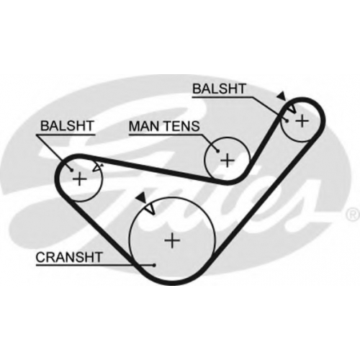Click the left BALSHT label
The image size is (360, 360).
[x=67, y=126]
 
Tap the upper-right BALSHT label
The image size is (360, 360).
[x=220, y=89]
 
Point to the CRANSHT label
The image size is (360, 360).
[x=69, y=257]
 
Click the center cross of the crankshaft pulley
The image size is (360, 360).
[x=172, y=240]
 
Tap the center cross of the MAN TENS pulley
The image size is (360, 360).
[x=227, y=160]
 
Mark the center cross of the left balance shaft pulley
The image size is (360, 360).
[x=79, y=179]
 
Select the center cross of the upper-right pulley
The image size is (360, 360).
[x=302, y=121]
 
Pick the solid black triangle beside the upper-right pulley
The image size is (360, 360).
[x=282, y=96]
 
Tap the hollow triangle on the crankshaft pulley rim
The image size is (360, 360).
[x=150, y=208]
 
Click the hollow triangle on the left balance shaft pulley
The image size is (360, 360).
[x=97, y=167]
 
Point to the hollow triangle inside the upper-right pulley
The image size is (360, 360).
[x=292, y=109]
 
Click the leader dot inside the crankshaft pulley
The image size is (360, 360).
[x=154, y=265]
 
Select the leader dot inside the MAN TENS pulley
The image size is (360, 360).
[x=217, y=151]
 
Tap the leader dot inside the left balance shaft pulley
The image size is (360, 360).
[x=71, y=170]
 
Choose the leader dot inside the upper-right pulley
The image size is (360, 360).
[x=287, y=121]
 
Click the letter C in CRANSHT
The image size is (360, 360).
[x=40, y=257]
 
